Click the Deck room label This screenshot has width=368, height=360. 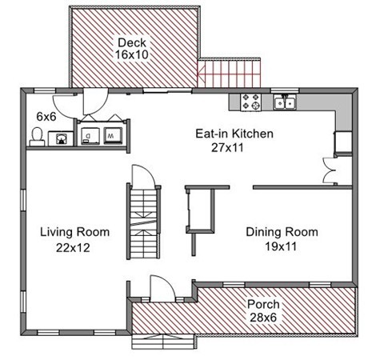click(x=132, y=42)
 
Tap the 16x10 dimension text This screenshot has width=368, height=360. click(x=132, y=54)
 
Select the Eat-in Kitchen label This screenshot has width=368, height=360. click(x=234, y=134)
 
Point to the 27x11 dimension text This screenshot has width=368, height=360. click(x=227, y=147)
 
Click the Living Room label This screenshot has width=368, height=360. click(x=74, y=232)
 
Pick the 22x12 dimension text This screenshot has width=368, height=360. click(x=73, y=248)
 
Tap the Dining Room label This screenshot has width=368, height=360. click(x=282, y=232)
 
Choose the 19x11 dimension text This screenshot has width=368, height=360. click(x=281, y=246)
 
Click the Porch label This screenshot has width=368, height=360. click(x=263, y=304)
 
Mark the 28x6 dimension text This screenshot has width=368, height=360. click(x=263, y=318)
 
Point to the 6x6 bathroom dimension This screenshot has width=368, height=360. click(x=46, y=117)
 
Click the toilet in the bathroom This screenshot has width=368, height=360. click(x=37, y=137)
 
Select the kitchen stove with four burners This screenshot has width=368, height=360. click(x=250, y=102)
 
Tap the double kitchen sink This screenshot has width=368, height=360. click(x=285, y=102)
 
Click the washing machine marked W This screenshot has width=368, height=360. click(x=113, y=136)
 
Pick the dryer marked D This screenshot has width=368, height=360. click(x=90, y=136)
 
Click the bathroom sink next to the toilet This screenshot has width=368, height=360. click(x=61, y=138)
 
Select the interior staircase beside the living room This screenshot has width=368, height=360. click(x=144, y=222)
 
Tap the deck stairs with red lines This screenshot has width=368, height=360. click(x=229, y=73)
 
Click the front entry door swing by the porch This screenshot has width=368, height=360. click(x=162, y=289)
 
